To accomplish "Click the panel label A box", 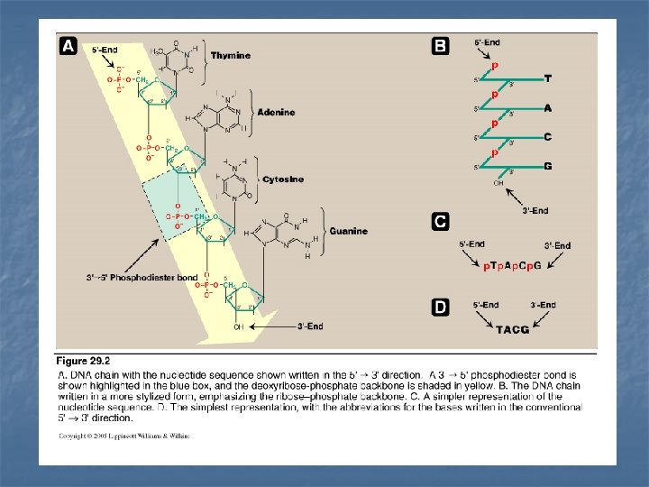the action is tap(68, 47).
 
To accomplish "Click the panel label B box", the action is tap(439, 46).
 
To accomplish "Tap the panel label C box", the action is tap(439, 221).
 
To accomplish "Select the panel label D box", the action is tap(439, 308).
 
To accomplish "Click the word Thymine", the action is tap(231, 56).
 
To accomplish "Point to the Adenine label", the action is tap(276, 113).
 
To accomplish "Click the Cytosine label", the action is tap(282, 179).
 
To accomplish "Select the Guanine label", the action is tap(348, 231).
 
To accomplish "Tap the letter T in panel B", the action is tap(548, 78).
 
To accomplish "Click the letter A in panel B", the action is tap(548, 107).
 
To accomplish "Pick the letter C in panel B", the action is tap(548, 137).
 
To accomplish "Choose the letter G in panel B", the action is tap(548, 167).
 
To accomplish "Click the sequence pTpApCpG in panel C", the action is tap(514, 267).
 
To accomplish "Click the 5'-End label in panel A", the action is tap(105, 50).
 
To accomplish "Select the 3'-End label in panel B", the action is tap(535, 211).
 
